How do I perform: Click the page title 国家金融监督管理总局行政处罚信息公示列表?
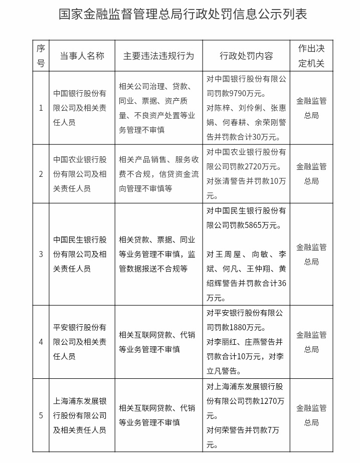[x=180, y=14]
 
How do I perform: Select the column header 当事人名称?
[x=82, y=56]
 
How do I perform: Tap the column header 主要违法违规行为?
[x=158, y=56]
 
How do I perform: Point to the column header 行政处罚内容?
[x=246, y=56]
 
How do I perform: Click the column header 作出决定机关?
[x=311, y=56]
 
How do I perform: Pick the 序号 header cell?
[x=41, y=56]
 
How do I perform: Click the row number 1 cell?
[x=41, y=108]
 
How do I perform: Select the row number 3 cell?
[x=41, y=254]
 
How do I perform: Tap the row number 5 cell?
[x=41, y=415]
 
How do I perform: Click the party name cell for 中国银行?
[x=80, y=108]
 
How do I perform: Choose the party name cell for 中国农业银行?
[x=80, y=174]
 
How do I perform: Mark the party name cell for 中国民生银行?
[x=80, y=254]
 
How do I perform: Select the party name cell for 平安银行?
[x=80, y=342]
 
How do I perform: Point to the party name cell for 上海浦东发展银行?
[x=80, y=415]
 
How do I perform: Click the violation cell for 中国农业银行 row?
[x=158, y=174]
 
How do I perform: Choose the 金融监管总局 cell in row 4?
[x=311, y=342]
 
